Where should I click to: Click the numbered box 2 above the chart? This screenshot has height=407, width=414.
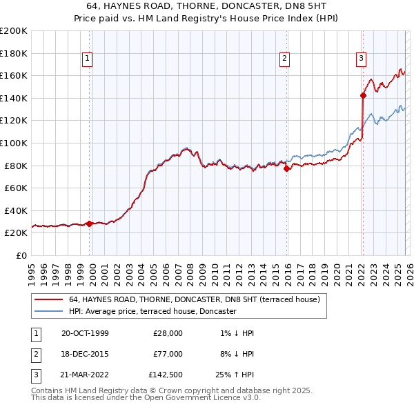coord(284,59)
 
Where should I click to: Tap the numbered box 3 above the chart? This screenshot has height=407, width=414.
coord(361,59)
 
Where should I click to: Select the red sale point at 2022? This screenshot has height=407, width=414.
coord(362,95)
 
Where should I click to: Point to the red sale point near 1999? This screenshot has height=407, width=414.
coord(90,224)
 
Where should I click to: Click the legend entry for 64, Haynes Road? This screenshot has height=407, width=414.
coord(194,300)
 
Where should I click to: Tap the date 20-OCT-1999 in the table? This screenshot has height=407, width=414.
coord(85,333)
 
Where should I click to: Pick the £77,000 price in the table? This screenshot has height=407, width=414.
coord(168,353)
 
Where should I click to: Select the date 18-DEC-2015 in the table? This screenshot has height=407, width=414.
coord(85,353)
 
